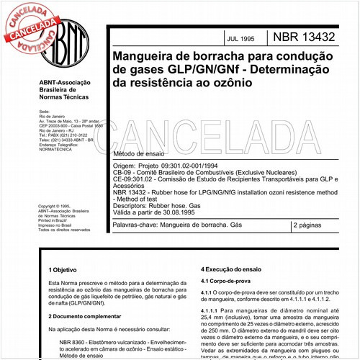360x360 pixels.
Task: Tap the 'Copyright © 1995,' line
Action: click(57, 205)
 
